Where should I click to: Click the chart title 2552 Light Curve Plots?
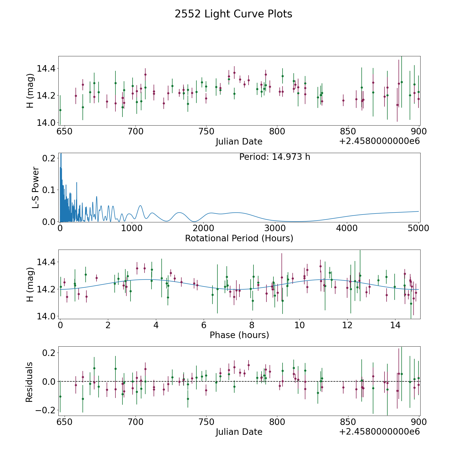tap(233, 14)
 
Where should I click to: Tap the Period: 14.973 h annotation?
tap(274, 157)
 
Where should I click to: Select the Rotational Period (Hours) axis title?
tap(239, 238)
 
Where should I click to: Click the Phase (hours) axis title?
tap(239, 335)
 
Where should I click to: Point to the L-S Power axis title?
tap(36, 187)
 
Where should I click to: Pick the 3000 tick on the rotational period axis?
tap(275, 228)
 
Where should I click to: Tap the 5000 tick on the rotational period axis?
tap(418, 228)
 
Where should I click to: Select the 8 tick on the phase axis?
tap(252, 325)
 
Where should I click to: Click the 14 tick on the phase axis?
tap(395, 325)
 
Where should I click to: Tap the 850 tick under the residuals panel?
tap(348, 422)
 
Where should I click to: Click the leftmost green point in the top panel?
tap(60, 110)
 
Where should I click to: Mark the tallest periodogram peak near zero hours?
tap(61, 154)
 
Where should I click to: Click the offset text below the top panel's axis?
tap(379, 141)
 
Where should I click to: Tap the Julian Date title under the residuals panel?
tap(239, 432)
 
